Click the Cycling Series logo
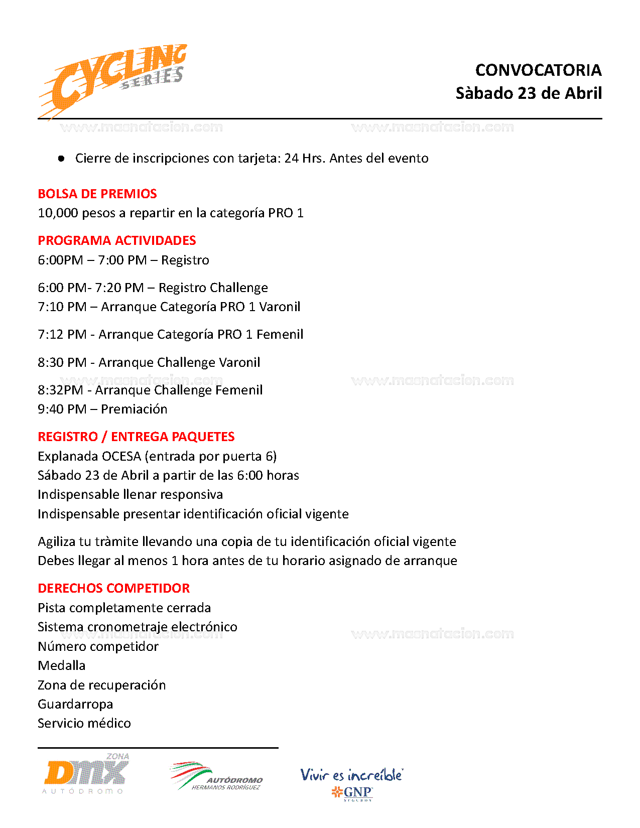point(113,80)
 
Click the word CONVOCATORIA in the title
point(538,70)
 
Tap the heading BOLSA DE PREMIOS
point(97,194)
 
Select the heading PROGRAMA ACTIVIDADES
point(117,240)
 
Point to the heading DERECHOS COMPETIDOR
point(114,588)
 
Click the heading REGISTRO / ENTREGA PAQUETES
point(136,437)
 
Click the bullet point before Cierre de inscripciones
point(61,159)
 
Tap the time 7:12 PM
point(62,335)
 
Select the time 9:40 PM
point(62,409)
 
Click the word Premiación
point(134,409)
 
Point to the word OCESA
point(121,457)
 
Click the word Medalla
point(62,666)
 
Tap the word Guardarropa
point(75,705)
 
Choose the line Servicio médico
point(84,724)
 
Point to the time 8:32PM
point(60,390)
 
